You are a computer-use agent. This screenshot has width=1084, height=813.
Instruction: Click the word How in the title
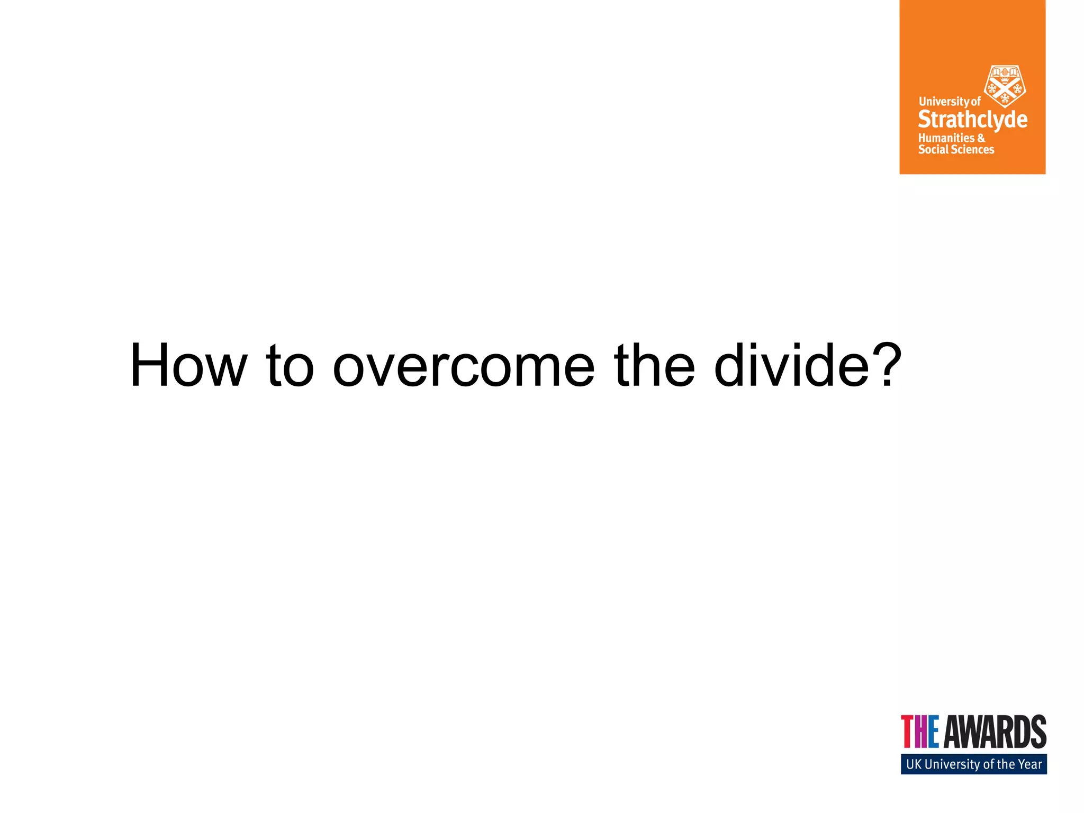point(188,365)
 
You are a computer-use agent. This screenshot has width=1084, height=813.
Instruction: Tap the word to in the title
point(290,365)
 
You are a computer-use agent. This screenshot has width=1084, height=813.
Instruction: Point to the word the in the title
point(654,365)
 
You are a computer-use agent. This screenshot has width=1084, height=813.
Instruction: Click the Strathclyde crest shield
point(1004,86)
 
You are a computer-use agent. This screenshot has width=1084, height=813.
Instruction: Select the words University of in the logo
point(950,101)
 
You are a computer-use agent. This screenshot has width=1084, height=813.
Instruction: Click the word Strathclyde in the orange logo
point(972,120)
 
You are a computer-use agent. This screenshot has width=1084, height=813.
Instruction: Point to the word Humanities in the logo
point(946,138)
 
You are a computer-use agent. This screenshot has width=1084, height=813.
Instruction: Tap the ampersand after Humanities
point(981,138)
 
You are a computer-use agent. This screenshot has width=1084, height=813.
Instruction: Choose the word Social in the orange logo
point(933,150)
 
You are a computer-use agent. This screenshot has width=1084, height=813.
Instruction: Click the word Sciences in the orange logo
point(972,150)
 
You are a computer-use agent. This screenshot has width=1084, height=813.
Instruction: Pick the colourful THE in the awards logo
point(920,731)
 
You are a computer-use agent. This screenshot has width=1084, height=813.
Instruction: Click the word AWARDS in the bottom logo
point(995,731)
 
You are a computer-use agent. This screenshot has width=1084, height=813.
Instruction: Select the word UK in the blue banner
point(914,764)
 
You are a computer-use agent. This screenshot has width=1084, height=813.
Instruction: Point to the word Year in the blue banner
point(1029,764)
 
